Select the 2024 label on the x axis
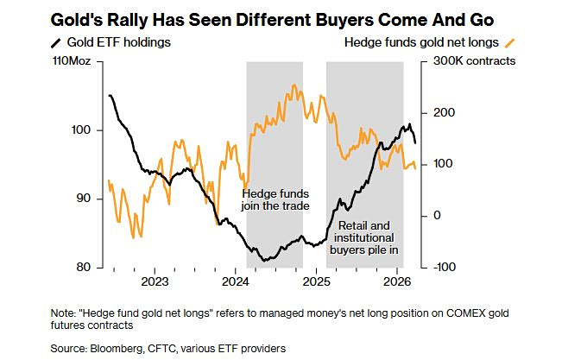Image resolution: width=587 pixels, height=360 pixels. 235,282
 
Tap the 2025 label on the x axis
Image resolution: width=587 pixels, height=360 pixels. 315,282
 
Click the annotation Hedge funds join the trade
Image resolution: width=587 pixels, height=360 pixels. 275,200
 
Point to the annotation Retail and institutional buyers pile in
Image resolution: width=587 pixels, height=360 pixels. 365,238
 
